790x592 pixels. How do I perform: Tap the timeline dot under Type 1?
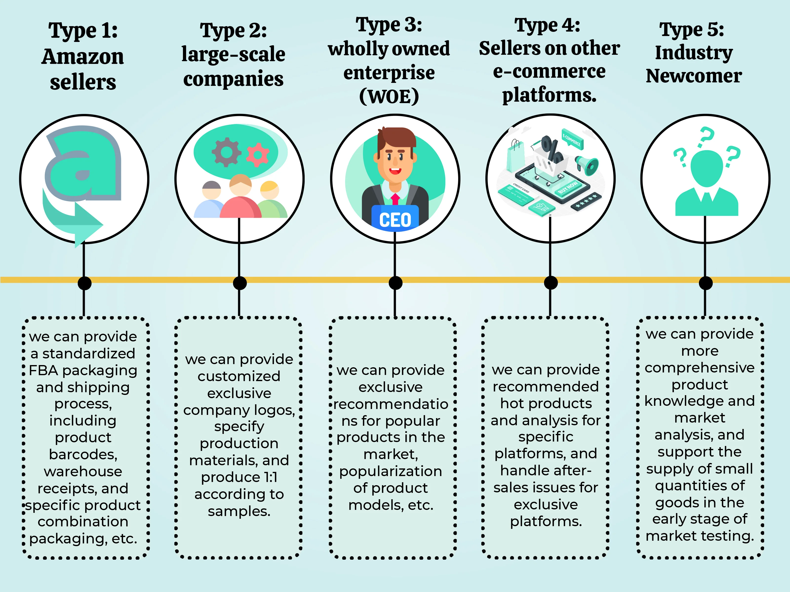point(84,283)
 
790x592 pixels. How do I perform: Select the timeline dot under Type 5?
point(705,283)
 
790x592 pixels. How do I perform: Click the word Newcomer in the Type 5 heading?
point(693,76)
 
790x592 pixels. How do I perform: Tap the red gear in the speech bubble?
point(257,154)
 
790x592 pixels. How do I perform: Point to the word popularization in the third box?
point(391,471)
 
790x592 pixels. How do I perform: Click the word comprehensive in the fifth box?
point(699,368)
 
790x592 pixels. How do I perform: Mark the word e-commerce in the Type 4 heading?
point(549,71)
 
